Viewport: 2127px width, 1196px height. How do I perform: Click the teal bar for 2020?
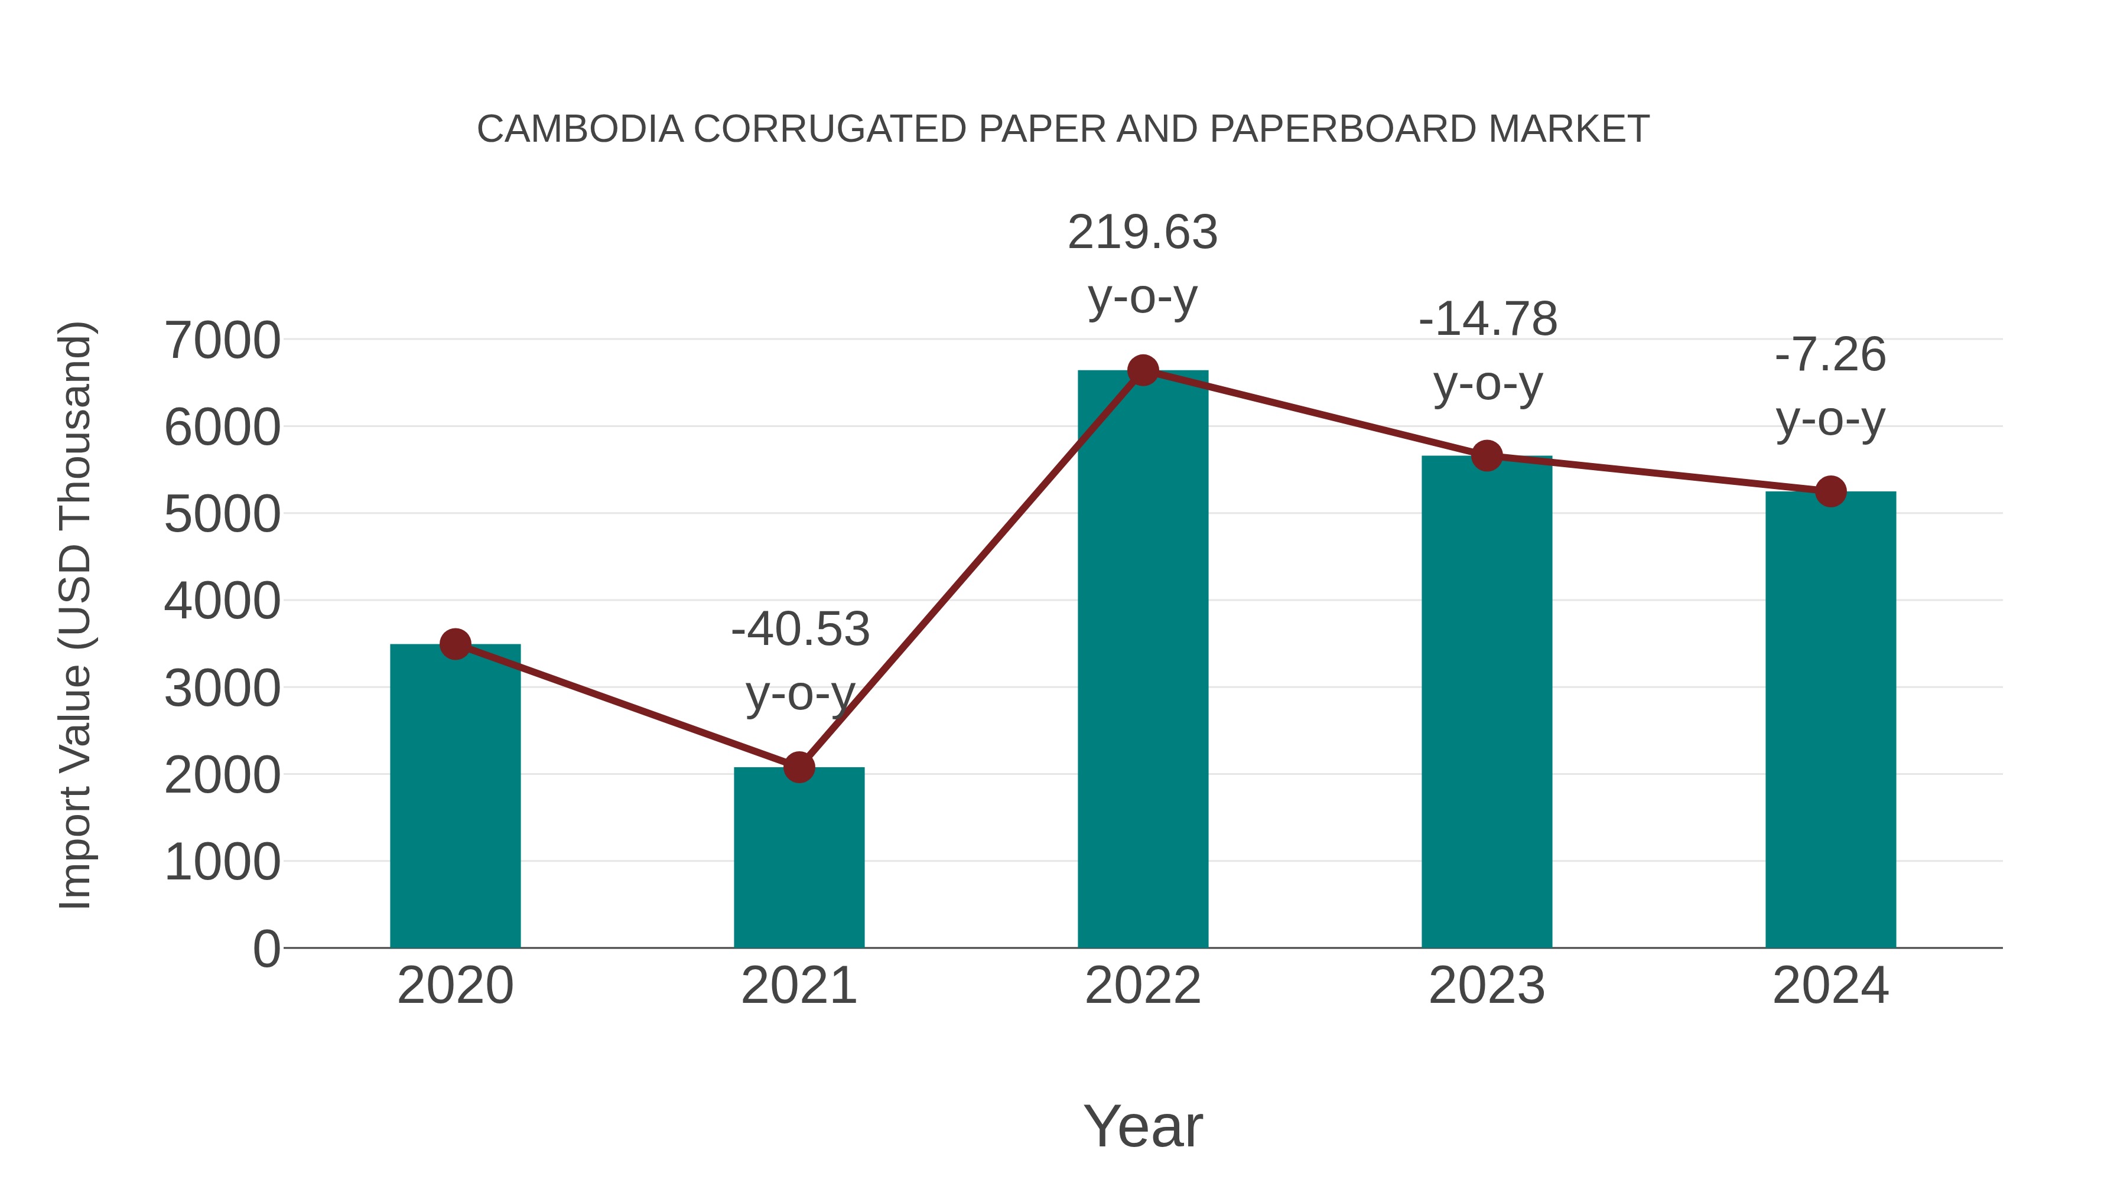click(455, 797)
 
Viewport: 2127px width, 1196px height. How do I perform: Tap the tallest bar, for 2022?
click(1143, 660)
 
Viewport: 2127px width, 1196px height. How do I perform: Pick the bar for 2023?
click(1487, 702)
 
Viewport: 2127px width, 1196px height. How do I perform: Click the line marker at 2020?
click(455, 644)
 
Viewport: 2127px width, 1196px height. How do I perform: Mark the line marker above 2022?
click(1143, 370)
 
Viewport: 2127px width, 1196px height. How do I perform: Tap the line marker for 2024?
click(1830, 492)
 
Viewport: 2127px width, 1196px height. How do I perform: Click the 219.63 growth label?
click(1143, 233)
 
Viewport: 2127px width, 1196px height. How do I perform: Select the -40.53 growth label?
click(800, 630)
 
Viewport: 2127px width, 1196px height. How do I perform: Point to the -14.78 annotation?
click(1488, 320)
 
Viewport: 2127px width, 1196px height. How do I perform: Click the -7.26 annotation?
click(1830, 356)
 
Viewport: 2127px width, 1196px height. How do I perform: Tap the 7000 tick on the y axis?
click(222, 340)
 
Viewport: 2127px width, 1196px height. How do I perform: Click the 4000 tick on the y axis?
click(222, 601)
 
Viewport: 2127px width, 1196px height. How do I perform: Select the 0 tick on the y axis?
click(266, 949)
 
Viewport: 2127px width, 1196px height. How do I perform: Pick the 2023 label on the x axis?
click(1487, 986)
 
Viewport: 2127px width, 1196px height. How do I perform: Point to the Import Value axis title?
click(76, 615)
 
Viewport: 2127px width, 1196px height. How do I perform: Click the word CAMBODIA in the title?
click(580, 129)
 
